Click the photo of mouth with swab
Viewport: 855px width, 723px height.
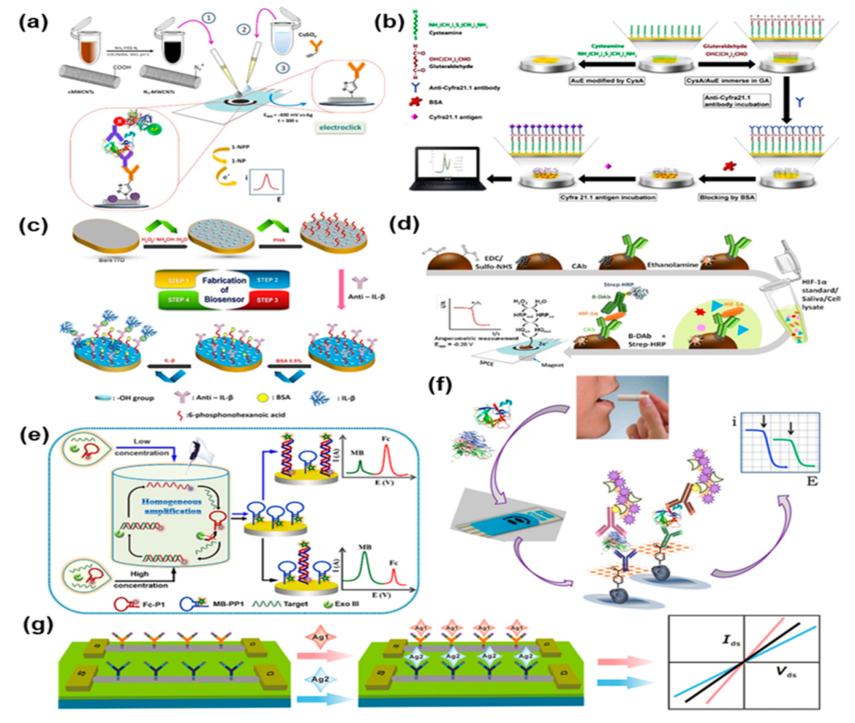coord(622,407)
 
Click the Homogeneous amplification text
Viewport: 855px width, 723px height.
coord(171,505)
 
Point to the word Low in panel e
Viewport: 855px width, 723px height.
coord(141,442)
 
